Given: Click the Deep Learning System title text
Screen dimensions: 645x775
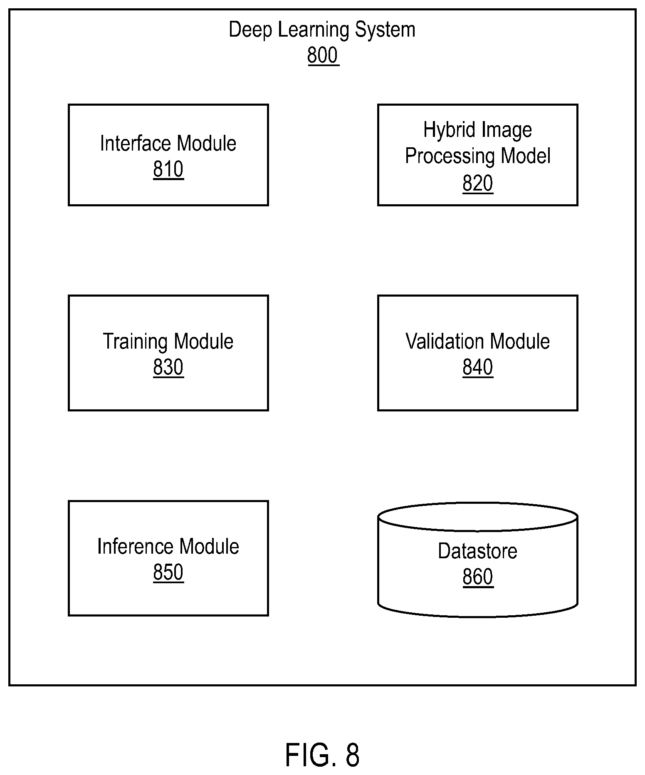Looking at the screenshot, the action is tap(322, 30).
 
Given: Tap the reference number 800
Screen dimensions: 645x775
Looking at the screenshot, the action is tap(323, 55).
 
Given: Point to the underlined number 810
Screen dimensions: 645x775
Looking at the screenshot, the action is tap(168, 169).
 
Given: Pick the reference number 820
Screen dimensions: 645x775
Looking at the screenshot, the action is tap(478, 183).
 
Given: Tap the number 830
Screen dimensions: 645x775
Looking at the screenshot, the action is tap(168, 367).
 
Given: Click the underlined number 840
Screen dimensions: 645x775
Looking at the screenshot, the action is tap(478, 367).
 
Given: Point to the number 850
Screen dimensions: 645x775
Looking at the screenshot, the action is tap(168, 572).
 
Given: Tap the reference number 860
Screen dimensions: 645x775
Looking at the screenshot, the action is tap(478, 577).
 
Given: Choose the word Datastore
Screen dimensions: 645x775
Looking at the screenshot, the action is tap(478, 551).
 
